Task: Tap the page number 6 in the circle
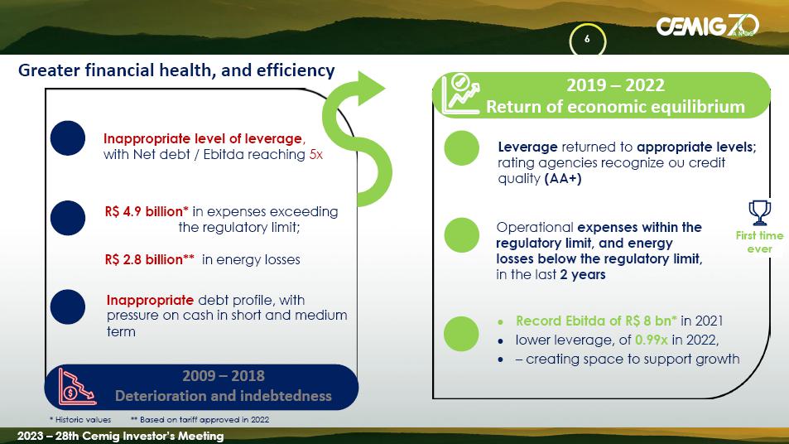pos(587,39)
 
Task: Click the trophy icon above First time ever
pos(759,213)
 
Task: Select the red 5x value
pos(316,155)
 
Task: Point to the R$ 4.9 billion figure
pos(147,211)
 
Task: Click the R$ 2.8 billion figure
pos(150,259)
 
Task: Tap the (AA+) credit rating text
pos(563,179)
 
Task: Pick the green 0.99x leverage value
pos(651,340)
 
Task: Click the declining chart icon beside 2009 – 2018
pos(77,387)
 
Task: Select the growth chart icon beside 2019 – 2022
pos(460,94)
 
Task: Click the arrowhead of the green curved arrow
pos(370,89)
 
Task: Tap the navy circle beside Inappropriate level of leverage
pos(68,138)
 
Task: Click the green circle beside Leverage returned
pos(461,148)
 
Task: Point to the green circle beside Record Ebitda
pos(461,334)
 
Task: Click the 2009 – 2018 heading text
pos(224,376)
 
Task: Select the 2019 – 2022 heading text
pos(615,85)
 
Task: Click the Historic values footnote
pos(80,419)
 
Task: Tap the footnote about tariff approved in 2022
pos(200,419)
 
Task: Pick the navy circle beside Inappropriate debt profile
pos(68,306)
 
